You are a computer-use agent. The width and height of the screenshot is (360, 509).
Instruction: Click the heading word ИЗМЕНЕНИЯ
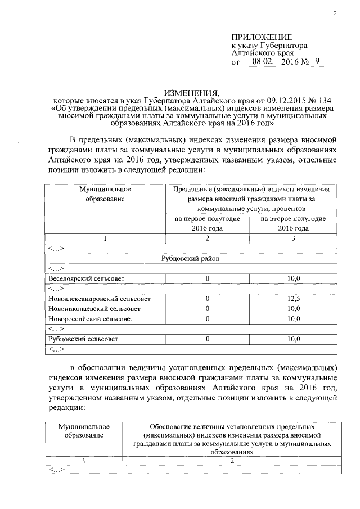[191, 92]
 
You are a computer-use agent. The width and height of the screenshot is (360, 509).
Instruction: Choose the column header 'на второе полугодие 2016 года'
[293, 223]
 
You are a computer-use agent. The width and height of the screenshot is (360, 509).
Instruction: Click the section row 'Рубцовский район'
[191, 258]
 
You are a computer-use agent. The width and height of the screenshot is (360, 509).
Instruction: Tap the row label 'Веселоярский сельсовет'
[87, 278]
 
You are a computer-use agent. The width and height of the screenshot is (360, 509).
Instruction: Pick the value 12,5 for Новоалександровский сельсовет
[293, 299]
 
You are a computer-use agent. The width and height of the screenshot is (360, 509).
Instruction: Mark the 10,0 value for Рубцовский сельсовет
[293, 339]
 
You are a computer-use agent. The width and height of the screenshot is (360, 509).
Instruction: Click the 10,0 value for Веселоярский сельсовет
[293, 278]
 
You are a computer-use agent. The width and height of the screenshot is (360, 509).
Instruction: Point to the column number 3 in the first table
[293, 238]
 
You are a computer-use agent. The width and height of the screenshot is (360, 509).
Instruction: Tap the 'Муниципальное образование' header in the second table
[84, 431]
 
